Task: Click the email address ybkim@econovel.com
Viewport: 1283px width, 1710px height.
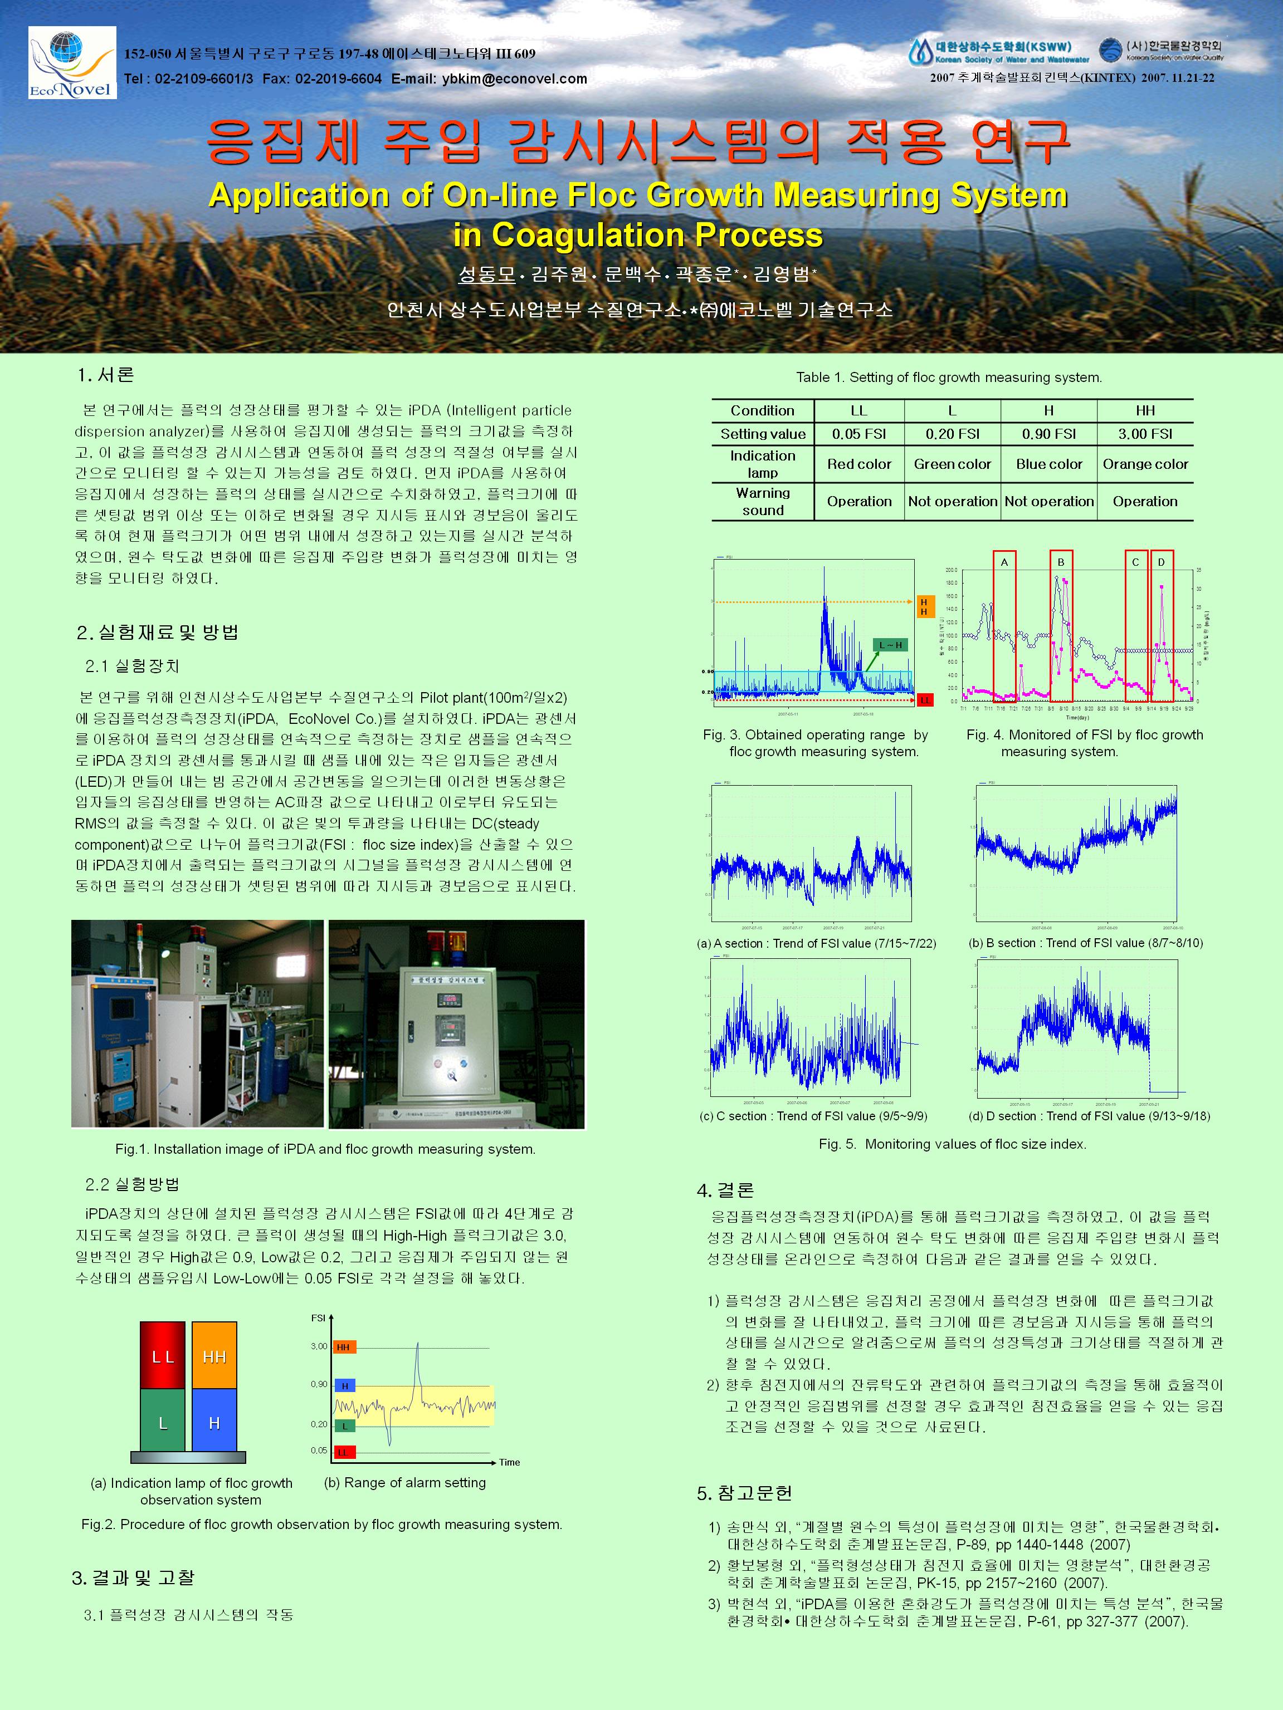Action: pyautogui.click(x=514, y=79)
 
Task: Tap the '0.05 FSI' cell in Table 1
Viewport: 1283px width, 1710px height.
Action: pyautogui.click(x=858, y=434)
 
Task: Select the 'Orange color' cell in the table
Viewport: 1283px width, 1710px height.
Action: pyautogui.click(x=1145, y=464)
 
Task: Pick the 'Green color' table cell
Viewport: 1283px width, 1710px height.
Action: pyautogui.click(x=952, y=464)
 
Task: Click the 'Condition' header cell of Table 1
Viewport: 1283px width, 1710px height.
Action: pyautogui.click(x=763, y=410)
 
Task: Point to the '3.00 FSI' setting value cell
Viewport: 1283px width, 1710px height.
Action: pyautogui.click(x=1145, y=434)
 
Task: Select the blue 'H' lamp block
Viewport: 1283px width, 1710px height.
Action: pyautogui.click(x=214, y=1423)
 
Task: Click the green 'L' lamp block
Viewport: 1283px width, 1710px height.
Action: pyautogui.click(x=163, y=1423)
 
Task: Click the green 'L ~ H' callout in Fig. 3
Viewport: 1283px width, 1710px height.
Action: pyautogui.click(x=889, y=645)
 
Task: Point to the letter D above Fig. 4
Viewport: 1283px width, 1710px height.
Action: pyautogui.click(x=1161, y=562)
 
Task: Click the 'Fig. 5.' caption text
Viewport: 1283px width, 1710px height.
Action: pyautogui.click(x=952, y=1144)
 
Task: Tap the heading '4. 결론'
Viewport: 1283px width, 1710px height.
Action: pyautogui.click(x=725, y=1190)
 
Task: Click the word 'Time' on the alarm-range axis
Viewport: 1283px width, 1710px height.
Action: pyautogui.click(x=510, y=1462)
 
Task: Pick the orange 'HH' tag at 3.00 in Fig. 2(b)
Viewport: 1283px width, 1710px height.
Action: pyautogui.click(x=344, y=1346)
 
